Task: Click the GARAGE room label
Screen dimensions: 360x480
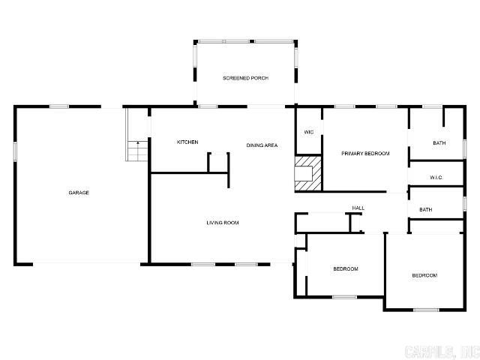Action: coord(79,193)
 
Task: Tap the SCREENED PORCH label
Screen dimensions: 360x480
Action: coord(245,78)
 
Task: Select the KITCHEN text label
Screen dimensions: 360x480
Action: coord(187,142)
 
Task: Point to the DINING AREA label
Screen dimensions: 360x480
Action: coord(262,145)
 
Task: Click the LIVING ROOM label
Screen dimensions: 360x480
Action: coord(223,223)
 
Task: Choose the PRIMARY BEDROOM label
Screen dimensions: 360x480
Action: coord(365,154)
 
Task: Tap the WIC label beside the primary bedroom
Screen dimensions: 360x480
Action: coord(308,132)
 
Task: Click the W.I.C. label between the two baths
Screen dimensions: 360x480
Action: coord(436,178)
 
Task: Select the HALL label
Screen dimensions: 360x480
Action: coord(358,208)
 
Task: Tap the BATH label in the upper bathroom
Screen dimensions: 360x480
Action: coord(439,142)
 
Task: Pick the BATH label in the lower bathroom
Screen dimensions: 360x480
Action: coord(425,210)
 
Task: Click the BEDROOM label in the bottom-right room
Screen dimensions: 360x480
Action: coord(424,275)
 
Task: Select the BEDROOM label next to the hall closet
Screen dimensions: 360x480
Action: coord(346,268)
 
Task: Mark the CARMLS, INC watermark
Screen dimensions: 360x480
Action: coord(440,350)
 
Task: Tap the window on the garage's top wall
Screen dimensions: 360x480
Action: coord(59,106)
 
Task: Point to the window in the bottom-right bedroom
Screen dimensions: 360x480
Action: coord(426,310)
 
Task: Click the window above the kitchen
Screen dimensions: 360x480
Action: coord(208,106)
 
